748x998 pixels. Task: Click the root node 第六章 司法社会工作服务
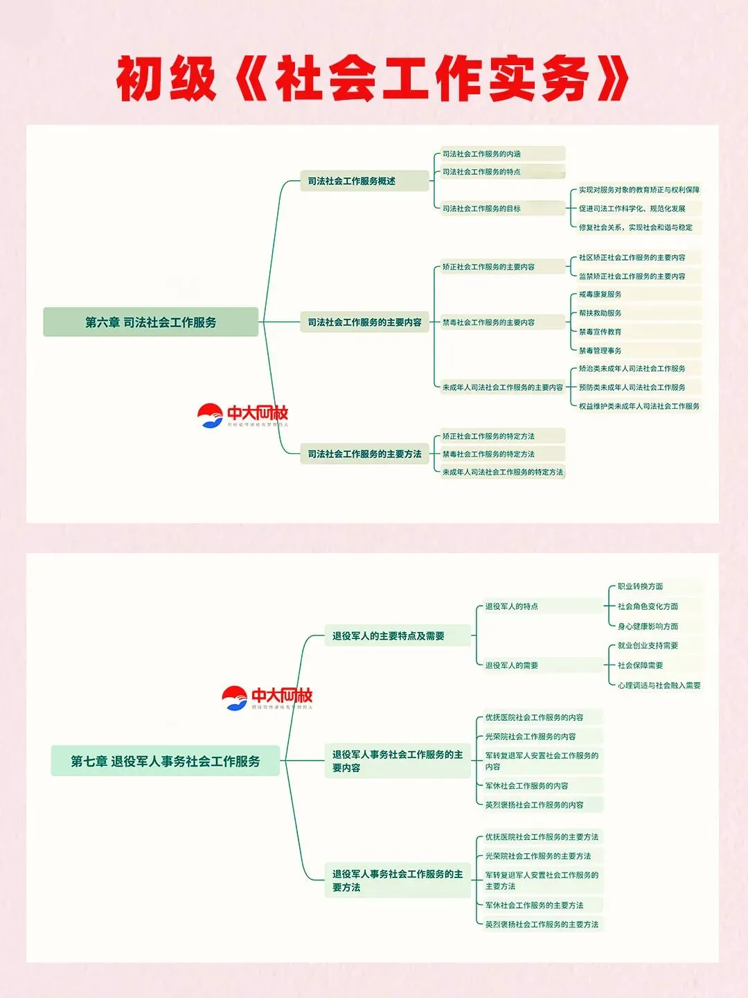tap(150, 322)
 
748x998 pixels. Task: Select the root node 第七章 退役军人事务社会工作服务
tap(165, 761)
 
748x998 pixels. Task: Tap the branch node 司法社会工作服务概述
tap(351, 181)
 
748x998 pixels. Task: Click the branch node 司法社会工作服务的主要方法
tap(364, 454)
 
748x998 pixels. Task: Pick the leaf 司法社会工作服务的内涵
tap(482, 154)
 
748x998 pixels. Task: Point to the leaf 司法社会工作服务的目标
tap(482, 209)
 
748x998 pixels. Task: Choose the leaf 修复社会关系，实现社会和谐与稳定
tap(635, 227)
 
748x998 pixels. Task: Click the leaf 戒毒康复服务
tap(600, 295)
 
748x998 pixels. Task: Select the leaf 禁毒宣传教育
tap(600, 332)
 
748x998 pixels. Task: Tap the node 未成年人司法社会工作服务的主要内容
tap(503, 387)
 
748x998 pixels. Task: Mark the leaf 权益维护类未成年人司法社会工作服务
tap(639, 406)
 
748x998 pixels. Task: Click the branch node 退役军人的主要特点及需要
tap(389, 636)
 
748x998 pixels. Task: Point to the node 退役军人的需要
tap(512, 665)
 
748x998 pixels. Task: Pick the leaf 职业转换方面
tap(640, 586)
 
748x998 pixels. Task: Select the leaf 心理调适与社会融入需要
tap(659, 685)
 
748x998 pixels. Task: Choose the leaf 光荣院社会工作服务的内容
tap(531, 737)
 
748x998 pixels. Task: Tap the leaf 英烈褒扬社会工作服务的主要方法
tap(542, 925)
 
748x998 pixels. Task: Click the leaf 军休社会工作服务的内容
tap(526, 786)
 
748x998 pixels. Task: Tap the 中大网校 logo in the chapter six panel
tap(242, 415)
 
